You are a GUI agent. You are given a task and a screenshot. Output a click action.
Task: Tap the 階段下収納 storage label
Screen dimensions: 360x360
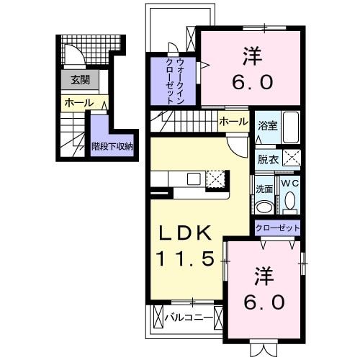(112, 146)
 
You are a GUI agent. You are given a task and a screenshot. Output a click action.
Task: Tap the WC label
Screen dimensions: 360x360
(289, 184)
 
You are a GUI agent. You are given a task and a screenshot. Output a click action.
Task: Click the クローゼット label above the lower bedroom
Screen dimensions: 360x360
(277, 228)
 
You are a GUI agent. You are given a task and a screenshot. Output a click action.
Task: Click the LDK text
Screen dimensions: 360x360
(185, 234)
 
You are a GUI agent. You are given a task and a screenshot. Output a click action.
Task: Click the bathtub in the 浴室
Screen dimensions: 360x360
(290, 128)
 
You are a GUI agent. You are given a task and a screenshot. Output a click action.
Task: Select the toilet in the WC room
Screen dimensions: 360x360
(290, 204)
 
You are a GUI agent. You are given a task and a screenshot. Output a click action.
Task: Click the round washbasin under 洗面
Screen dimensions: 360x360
(264, 207)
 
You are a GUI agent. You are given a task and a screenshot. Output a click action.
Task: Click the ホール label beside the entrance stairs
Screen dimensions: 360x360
(79, 103)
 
